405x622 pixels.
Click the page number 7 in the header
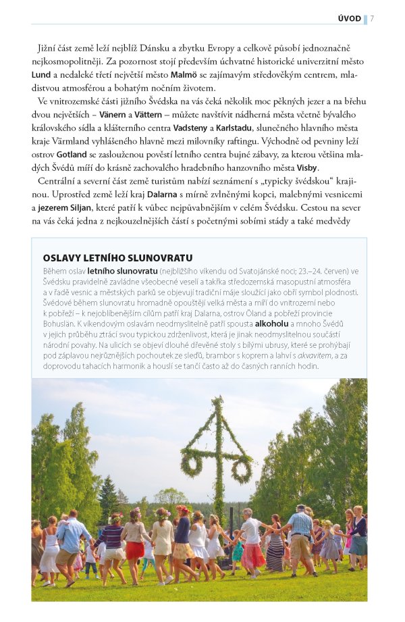pyautogui.click(x=373, y=18)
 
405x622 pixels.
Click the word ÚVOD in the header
pyautogui.click(x=349, y=18)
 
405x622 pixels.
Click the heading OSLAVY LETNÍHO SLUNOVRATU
pyautogui.click(x=117, y=257)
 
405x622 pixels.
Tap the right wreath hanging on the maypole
pyautogui.click(x=241, y=469)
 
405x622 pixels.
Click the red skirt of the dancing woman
pyautogui.click(x=135, y=550)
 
